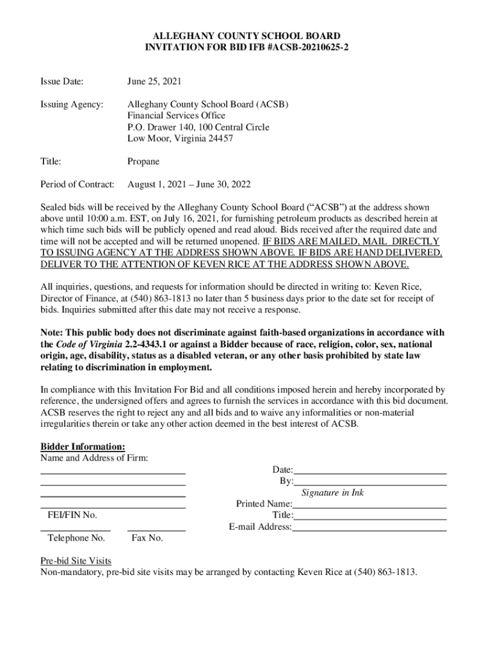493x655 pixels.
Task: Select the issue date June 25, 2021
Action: tap(154, 81)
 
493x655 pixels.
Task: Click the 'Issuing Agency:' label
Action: tap(71, 104)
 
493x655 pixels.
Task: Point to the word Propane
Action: tap(143, 162)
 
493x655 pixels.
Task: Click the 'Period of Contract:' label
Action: tap(77, 184)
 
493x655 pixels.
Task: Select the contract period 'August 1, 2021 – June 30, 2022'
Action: tap(189, 184)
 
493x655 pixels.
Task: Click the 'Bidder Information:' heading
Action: tap(83, 446)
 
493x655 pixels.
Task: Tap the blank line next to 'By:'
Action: tap(370, 481)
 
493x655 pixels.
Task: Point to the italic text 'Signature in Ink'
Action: tap(332, 493)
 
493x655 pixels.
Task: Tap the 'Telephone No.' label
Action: tap(76, 538)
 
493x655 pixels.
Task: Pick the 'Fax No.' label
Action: tap(147, 538)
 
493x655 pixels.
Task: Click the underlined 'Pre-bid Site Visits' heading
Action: tap(76, 561)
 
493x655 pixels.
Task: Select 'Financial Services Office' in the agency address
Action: tap(176, 116)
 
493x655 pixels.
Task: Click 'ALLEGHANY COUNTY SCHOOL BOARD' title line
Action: tap(247, 36)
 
